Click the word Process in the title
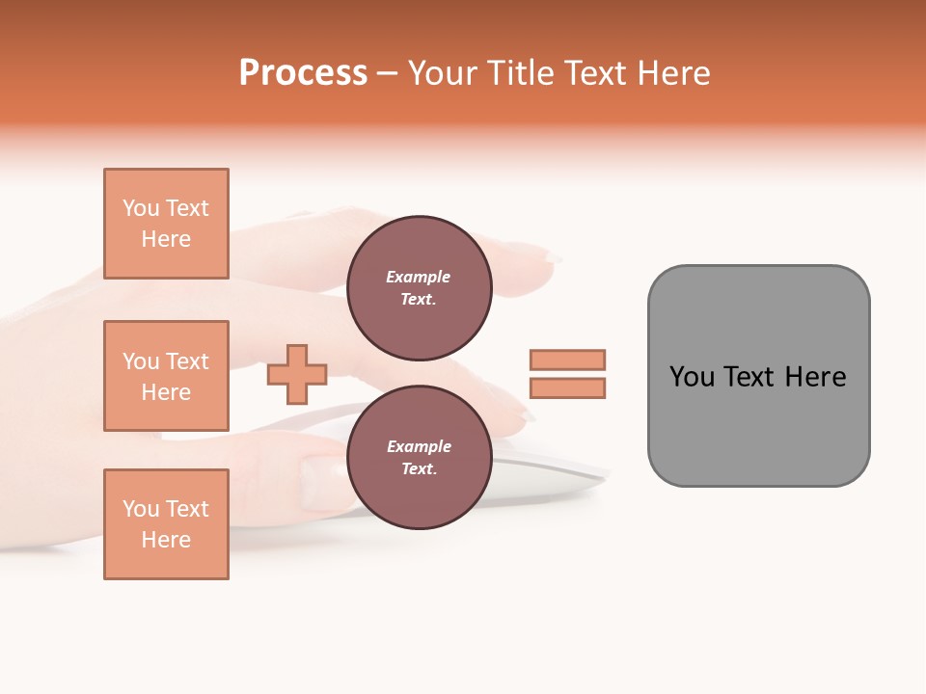coord(303,73)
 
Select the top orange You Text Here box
coord(166,224)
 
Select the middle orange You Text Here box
coord(166,376)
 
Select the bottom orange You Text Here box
coord(166,524)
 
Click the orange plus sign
coord(297,374)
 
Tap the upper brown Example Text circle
coord(419,287)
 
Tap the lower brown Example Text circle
coord(419,457)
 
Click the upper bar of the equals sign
coord(567,360)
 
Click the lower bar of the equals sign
coord(567,387)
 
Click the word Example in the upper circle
coord(419,277)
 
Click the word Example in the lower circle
coord(419,446)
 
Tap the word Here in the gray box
coord(815,376)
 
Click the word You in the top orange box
coord(141,208)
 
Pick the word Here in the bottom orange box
coord(166,540)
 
